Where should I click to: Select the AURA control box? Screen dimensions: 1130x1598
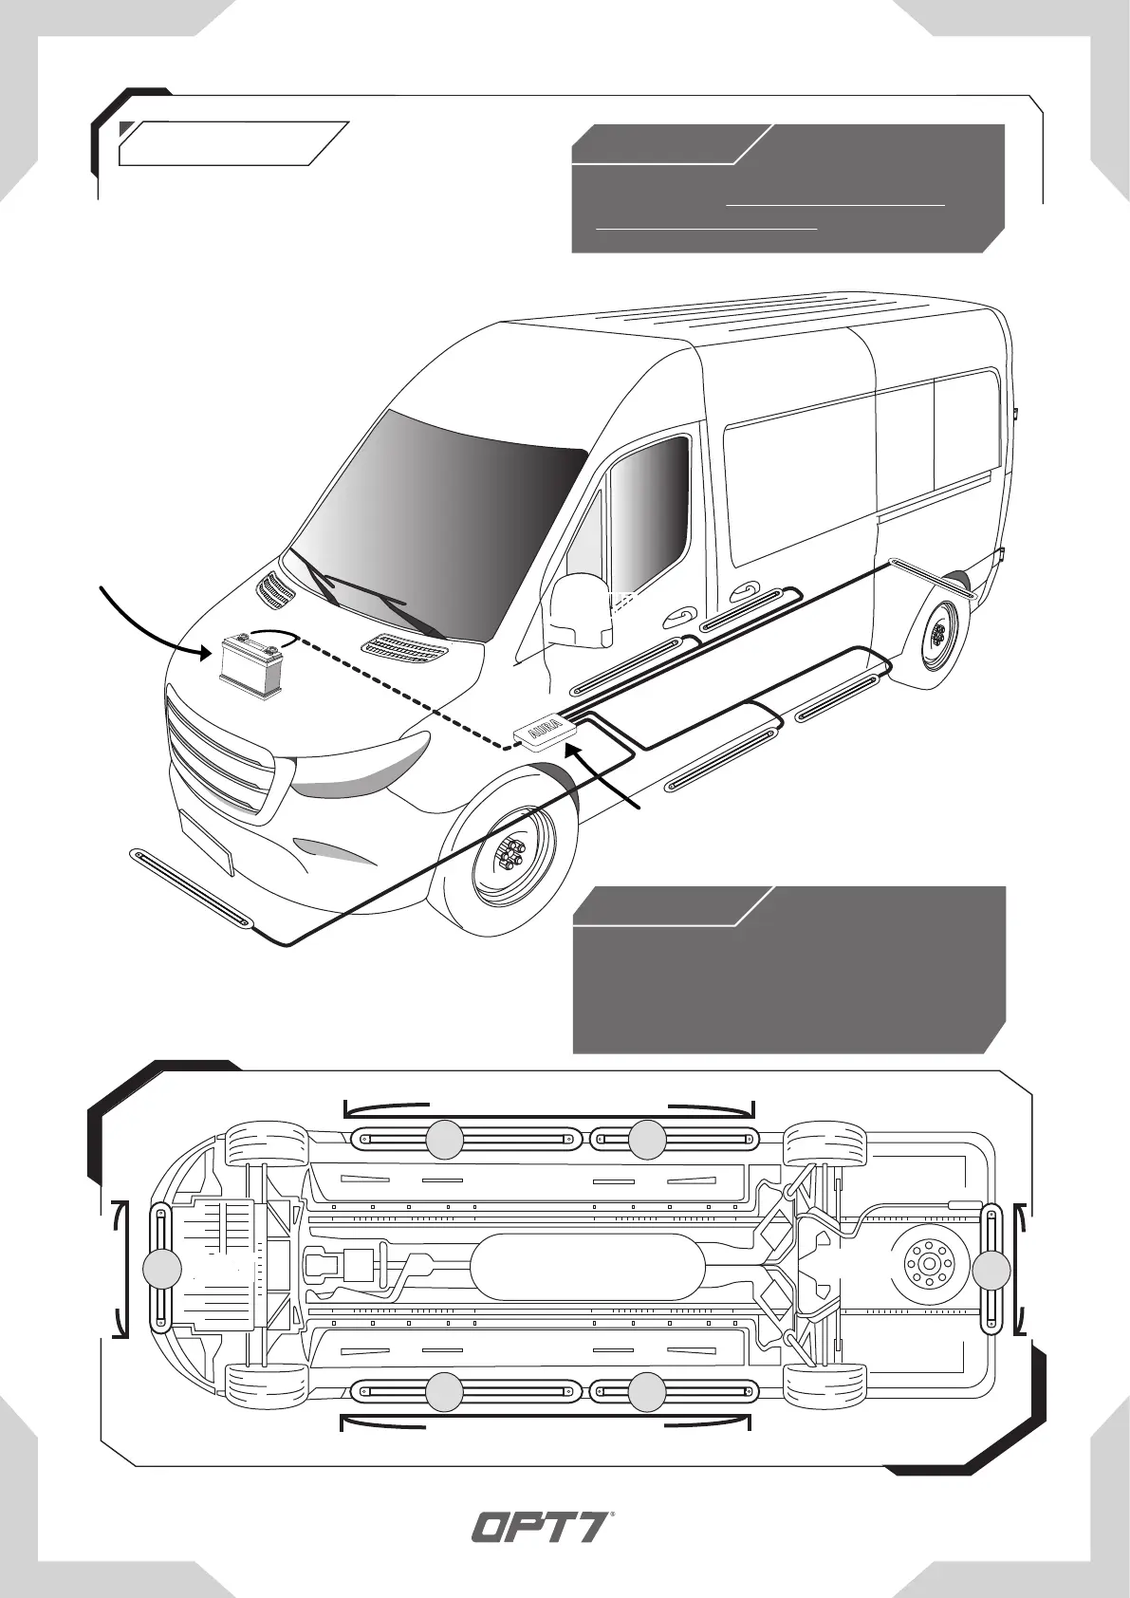544,733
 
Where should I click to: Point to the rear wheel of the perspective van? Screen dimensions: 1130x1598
938,634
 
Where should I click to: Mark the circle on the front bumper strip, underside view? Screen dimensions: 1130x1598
162,1269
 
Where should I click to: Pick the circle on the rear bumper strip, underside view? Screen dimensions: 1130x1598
991,1270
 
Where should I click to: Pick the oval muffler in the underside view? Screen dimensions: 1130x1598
587,1266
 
